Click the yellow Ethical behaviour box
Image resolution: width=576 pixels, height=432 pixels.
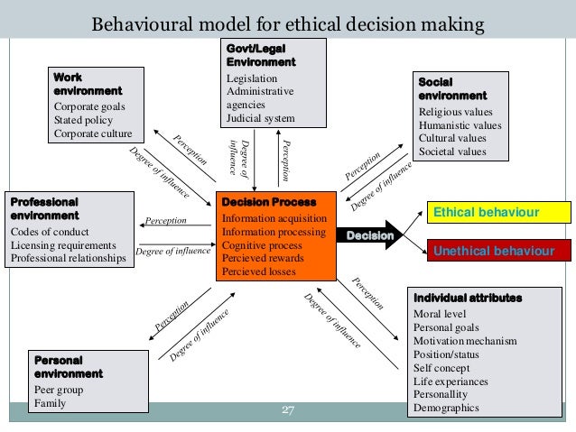[x=498, y=212]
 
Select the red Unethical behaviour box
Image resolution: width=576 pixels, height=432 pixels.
[x=498, y=250]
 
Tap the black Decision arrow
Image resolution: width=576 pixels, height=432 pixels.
[x=373, y=235]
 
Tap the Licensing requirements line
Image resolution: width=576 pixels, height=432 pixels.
[x=63, y=245]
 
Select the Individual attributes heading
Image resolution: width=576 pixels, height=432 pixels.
[x=468, y=298]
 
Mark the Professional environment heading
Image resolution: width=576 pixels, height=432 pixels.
[x=44, y=209]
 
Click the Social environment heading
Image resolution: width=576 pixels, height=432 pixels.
[x=452, y=88]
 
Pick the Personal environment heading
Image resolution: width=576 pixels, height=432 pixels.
[x=69, y=366]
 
